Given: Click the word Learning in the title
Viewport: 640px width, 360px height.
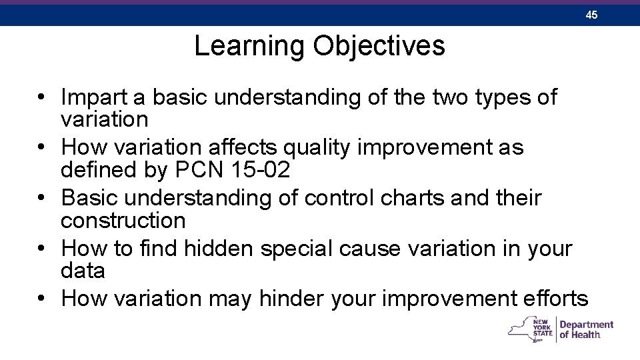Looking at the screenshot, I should [249, 46].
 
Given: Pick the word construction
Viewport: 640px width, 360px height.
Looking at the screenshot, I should [123, 220].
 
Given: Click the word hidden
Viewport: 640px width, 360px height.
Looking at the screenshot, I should [219, 249].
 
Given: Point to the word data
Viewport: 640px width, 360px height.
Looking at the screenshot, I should [83, 271].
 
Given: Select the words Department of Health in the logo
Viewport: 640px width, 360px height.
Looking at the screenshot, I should [586, 329].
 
